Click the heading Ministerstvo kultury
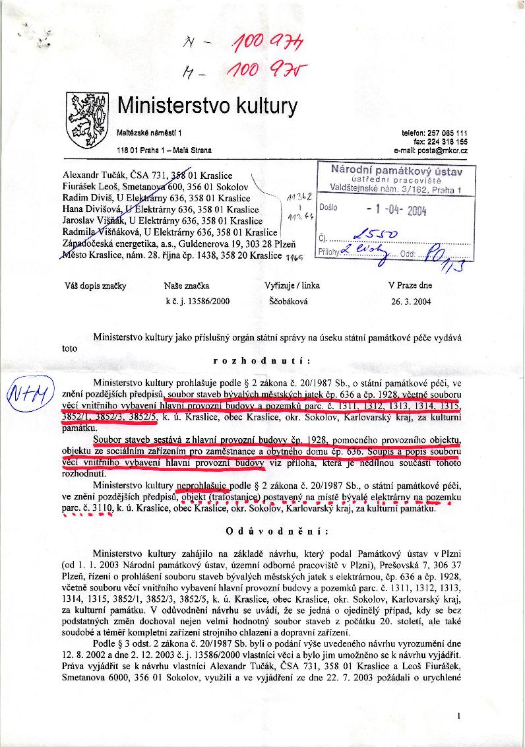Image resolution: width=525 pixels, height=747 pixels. [x=207, y=106]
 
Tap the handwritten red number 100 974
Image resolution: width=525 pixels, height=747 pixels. [x=267, y=44]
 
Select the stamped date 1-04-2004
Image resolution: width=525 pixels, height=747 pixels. [x=396, y=211]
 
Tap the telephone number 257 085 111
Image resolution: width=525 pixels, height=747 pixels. [x=445, y=133]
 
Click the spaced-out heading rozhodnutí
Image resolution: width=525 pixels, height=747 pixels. [x=262, y=361]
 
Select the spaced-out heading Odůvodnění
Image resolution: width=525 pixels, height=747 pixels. [x=262, y=531]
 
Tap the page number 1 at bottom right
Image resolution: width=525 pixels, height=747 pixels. [x=458, y=715]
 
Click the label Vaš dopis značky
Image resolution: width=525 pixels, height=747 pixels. [x=95, y=286]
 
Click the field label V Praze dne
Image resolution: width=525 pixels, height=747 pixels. [x=410, y=286]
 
